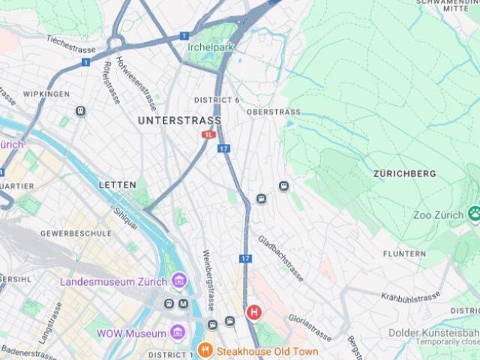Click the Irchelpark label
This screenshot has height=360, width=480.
(211, 47)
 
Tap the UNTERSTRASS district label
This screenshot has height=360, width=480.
(180, 120)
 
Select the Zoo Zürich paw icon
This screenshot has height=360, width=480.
(473, 214)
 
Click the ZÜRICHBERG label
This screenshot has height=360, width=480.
(404, 173)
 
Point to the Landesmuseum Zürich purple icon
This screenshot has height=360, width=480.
(178, 281)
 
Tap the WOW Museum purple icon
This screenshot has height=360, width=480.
(178, 332)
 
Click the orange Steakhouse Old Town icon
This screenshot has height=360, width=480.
(205, 350)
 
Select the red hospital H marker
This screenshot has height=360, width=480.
(254, 311)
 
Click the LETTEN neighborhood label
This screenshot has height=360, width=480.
(118, 184)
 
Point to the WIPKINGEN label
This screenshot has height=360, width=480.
(46, 94)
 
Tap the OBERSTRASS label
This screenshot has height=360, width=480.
(274, 112)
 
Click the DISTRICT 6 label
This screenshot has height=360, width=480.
(217, 100)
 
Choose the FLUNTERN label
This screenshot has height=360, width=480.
(404, 254)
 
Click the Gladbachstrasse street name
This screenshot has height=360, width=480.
(281, 259)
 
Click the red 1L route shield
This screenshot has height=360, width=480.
(208, 134)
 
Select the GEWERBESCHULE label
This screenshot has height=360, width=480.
(76, 233)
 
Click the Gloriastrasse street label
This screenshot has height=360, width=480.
(310, 328)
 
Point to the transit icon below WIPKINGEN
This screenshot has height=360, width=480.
(80, 111)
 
